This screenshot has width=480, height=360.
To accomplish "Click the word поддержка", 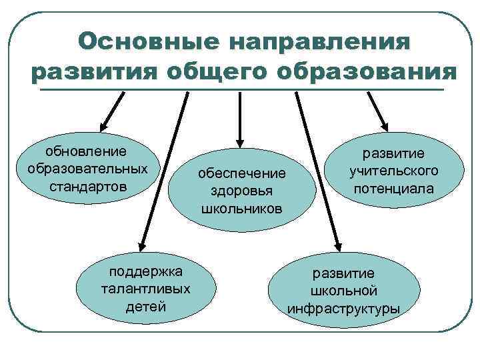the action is point(145,272).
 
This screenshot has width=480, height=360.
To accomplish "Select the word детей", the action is point(145,307).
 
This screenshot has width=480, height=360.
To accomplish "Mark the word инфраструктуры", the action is point(344,309).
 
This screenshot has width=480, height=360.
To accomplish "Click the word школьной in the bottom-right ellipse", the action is point(344,291).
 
